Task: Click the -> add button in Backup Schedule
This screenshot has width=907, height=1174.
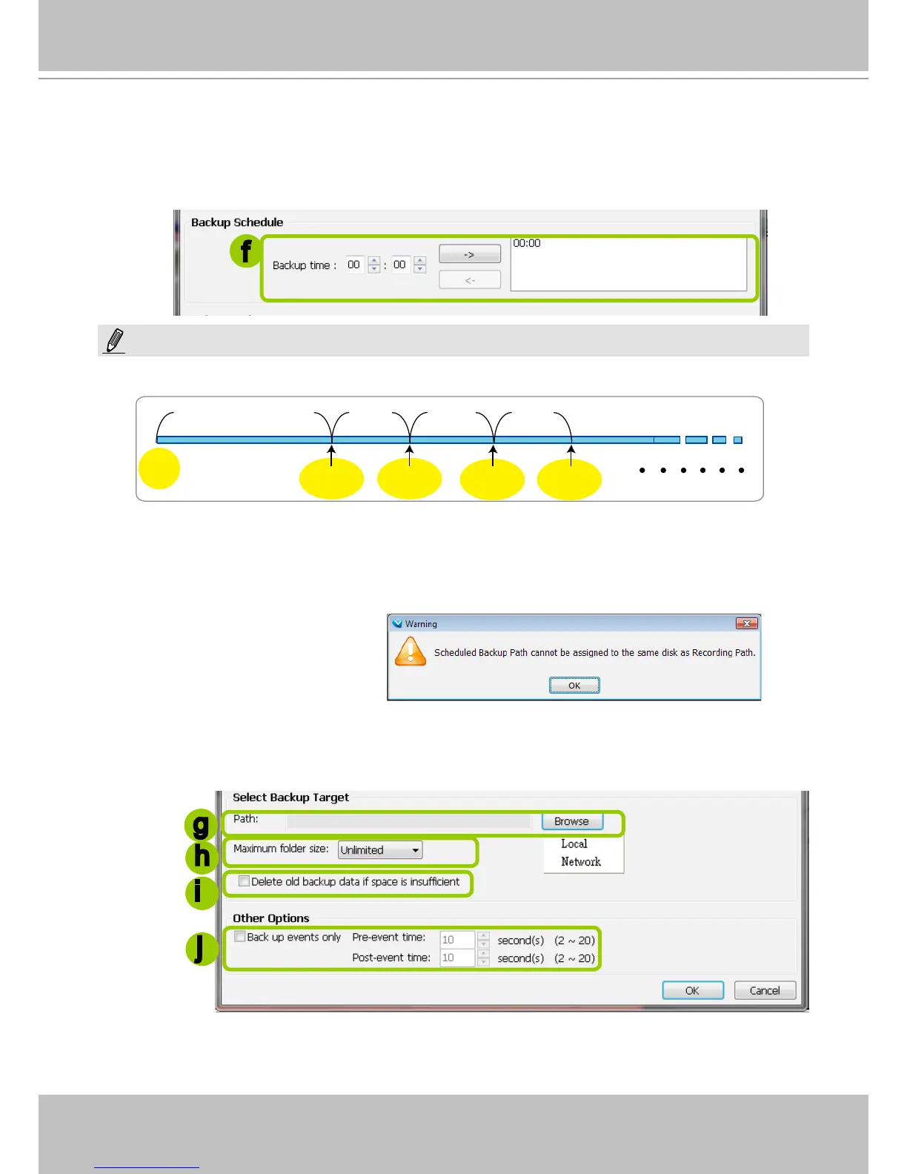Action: click(x=470, y=254)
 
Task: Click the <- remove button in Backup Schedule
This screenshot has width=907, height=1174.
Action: click(x=470, y=280)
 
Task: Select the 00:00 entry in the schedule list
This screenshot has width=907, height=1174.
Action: click(x=527, y=243)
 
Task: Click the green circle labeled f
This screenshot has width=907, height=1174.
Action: click(x=246, y=251)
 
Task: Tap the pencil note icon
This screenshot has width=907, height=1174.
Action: click(x=114, y=340)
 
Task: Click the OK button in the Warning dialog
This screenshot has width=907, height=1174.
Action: click(x=574, y=686)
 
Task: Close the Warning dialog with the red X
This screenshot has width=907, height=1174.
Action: click(x=746, y=624)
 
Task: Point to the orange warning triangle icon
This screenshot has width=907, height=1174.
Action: click(x=411, y=651)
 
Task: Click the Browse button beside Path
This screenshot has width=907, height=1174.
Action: click(x=572, y=821)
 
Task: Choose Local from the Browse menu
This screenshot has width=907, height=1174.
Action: click(x=574, y=844)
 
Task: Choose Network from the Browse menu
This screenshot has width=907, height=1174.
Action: click(x=581, y=862)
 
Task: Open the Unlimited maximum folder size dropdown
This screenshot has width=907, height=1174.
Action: click(x=380, y=850)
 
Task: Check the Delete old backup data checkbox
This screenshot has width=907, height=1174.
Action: click(x=244, y=881)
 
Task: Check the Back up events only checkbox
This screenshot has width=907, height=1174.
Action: click(x=240, y=937)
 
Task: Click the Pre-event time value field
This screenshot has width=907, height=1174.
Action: click(x=456, y=940)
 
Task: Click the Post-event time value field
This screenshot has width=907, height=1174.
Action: click(x=456, y=958)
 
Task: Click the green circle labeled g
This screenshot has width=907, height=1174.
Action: click(x=202, y=825)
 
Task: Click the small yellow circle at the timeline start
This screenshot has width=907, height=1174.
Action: click(x=159, y=468)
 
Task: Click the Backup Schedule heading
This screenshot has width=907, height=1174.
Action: click(x=237, y=222)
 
